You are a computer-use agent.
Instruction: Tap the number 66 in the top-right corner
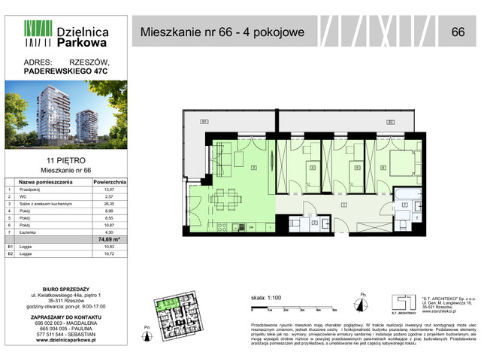457,32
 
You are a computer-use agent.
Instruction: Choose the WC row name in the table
21,197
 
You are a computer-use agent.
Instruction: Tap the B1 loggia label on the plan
204,122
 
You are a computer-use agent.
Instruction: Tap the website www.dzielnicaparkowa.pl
68,341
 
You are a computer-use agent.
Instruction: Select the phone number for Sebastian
68,333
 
